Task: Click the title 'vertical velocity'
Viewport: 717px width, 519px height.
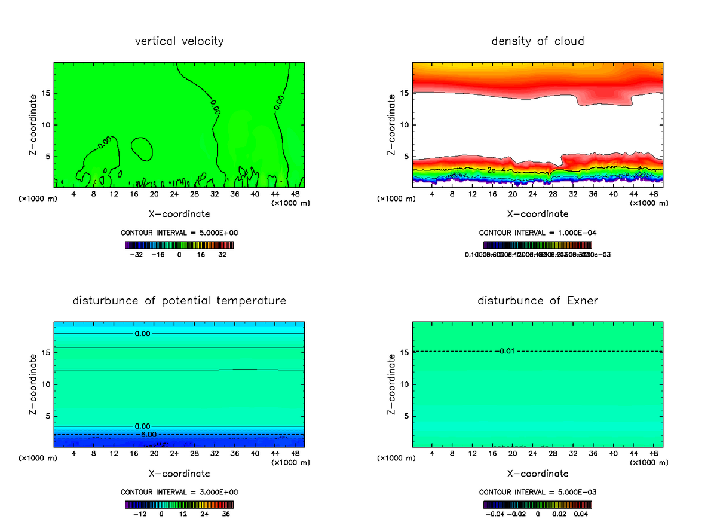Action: pyautogui.click(x=179, y=41)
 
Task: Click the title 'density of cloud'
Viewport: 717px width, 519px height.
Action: pyautogui.click(x=537, y=41)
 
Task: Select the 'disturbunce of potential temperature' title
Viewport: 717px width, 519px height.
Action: pyautogui.click(x=179, y=301)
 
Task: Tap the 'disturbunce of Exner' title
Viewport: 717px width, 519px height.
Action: pyautogui.click(x=537, y=301)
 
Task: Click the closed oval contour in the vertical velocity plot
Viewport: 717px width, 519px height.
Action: pyautogui.click(x=141, y=148)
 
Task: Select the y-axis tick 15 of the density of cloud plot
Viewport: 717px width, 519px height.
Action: pyautogui.click(x=405, y=93)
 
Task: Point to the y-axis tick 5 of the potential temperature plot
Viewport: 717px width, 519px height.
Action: pyautogui.click(x=48, y=416)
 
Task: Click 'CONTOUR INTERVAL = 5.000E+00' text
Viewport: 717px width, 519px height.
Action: pyautogui.click(x=179, y=233)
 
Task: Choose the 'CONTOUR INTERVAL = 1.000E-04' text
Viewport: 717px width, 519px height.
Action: pyautogui.click(x=537, y=233)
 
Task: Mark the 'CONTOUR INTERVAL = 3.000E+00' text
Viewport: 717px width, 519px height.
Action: pyautogui.click(x=179, y=492)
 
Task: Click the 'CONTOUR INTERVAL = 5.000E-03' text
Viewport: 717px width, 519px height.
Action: pyautogui.click(x=537, y=492)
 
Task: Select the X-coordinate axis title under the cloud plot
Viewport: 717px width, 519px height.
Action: pyautogui.click(x=537, y=213)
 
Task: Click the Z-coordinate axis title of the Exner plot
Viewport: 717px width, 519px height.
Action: pyautogui.click(x=392, y=383)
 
